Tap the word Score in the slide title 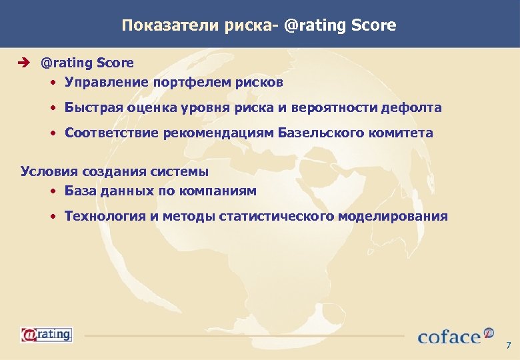[x=373, y=25]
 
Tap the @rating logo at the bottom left [x=46, y=334]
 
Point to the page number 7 [x=509, y=345]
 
